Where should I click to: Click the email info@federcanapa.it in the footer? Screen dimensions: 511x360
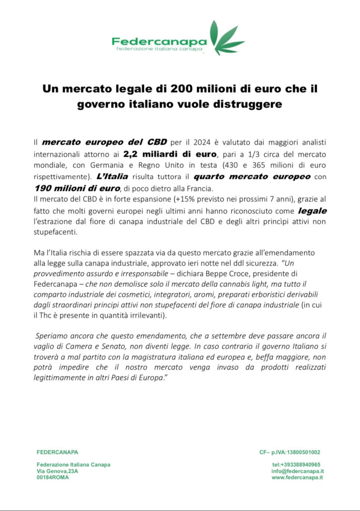pyautogui.click(x=297, y=471)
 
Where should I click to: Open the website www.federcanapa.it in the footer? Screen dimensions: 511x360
pyautogui.click(x=297, y=478)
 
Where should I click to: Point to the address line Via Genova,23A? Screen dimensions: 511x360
pyautogui.click(x=57, y=471)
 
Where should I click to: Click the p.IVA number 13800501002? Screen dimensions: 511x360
pyautogui.click(x=301, y=452)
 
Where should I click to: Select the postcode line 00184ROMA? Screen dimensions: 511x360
pyautogui.click(x=53, y=478)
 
